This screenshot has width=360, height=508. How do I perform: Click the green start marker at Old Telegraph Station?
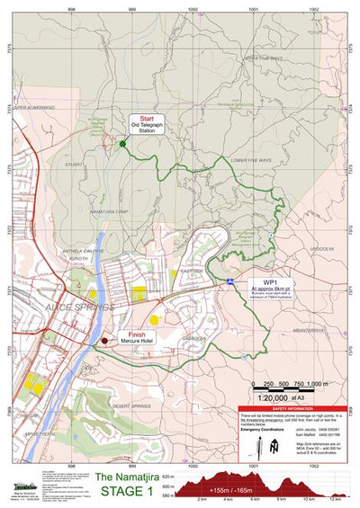coord(122,143)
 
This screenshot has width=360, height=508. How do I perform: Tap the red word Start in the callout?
coord(147,118)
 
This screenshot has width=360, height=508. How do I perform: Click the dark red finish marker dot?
coord(104,341)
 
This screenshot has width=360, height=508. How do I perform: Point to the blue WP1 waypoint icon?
coord(230,281)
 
